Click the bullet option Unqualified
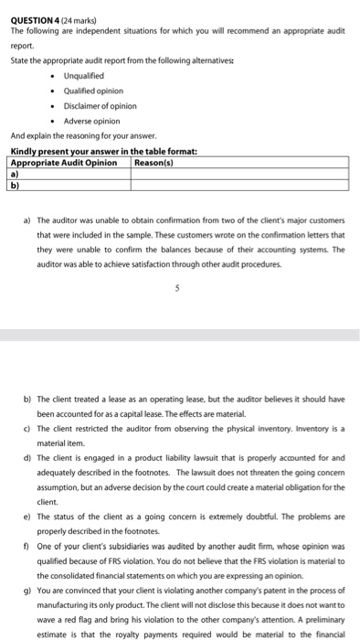click(83, 75)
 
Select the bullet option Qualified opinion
click(93, 91)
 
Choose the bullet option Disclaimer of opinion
click(100, 105)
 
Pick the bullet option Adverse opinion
click(91, 121)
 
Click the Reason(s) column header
click(154, 163)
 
